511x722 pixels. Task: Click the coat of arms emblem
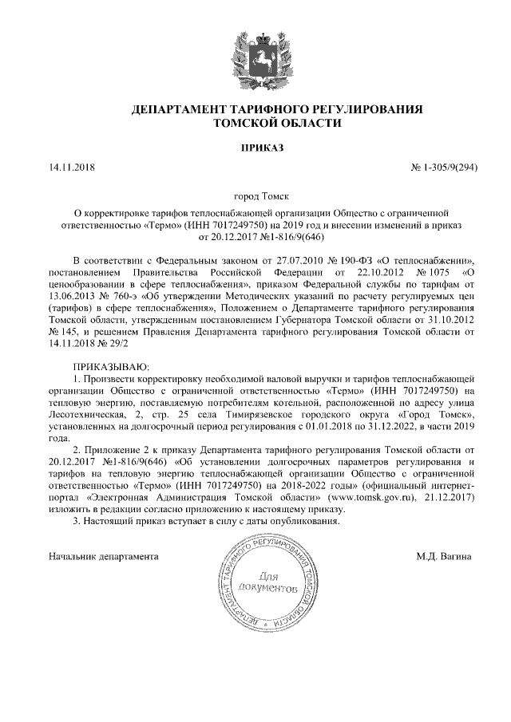tap(255, 57)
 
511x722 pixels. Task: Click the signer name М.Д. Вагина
tap(443, 554)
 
